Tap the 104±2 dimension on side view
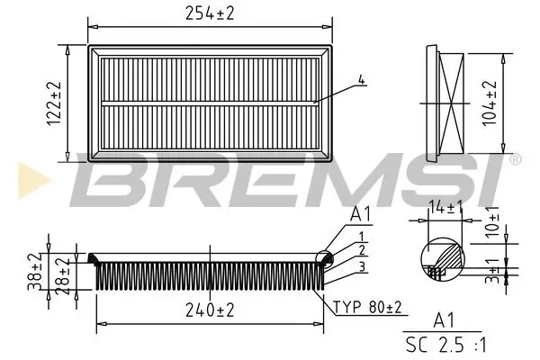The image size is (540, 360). (x=490, y=101)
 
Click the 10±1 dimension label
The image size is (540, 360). (x=494, y=222)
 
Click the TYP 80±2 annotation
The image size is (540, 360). (x=369, y=307)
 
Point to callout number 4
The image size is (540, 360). (x=362, y=79)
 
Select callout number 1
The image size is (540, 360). (x=361, y=236)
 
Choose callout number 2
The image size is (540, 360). (x=361, y=249)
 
